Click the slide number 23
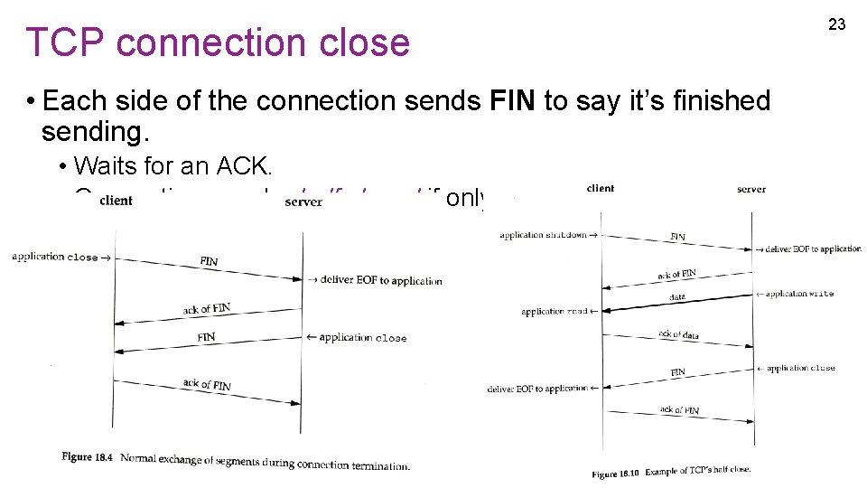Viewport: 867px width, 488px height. (x=836, y=24)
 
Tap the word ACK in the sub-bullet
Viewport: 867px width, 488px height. (x=256, y=165)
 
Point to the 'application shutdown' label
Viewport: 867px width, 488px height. (x=542, y=235)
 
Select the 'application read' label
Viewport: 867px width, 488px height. (x=555, y=312)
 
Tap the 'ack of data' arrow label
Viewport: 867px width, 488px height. (x=678, y=335)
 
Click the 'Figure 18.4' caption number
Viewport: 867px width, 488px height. (x=88, y=457)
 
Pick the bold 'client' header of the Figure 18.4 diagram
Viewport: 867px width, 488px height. (x=116, y=200)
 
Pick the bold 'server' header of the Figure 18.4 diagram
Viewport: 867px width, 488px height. (x=303, y=202)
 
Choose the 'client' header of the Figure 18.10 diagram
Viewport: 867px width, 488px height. (x=600, y=188)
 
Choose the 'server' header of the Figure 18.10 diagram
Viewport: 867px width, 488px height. (x=750, y=189)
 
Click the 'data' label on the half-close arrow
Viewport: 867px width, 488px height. (x=676, y=296)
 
